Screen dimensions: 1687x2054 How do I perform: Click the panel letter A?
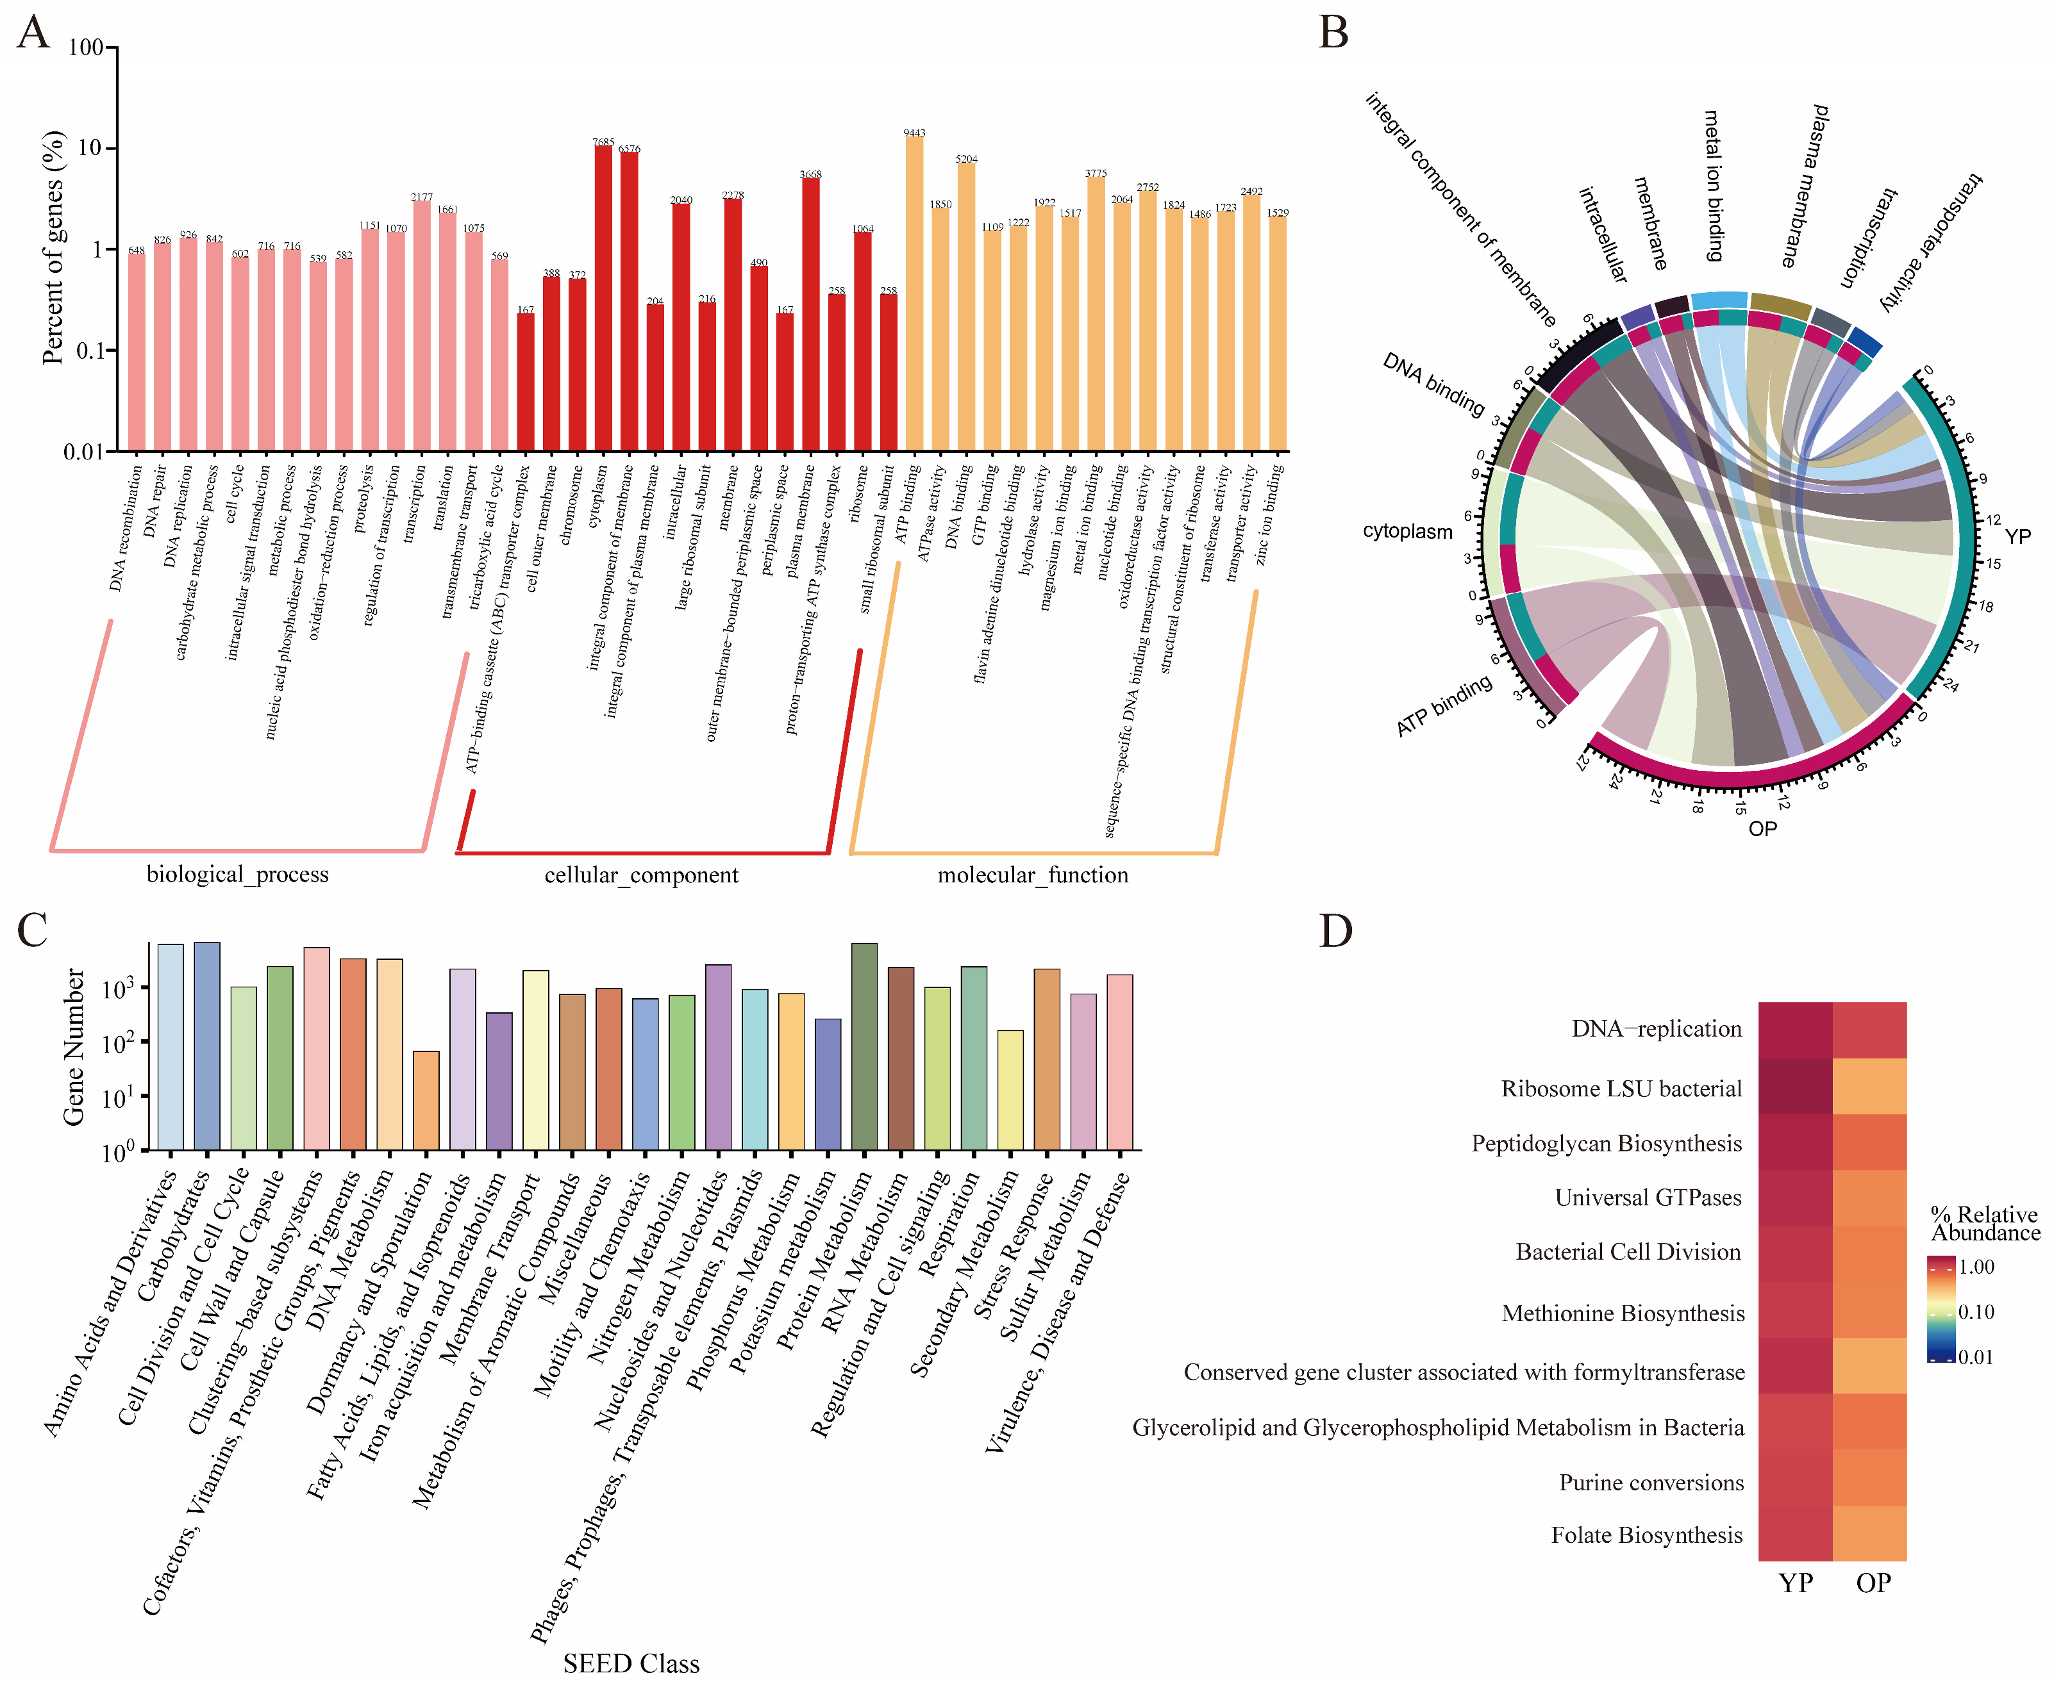click(x=33, y=32)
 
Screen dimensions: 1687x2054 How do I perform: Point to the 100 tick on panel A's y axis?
click(x=87, y=47)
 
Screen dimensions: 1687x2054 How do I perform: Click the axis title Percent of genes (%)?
click(x=53, y=248)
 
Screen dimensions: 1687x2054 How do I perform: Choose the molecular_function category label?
click(x=1032, y=876)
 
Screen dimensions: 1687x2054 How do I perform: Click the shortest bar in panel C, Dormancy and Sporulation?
click(x=426, y=1100)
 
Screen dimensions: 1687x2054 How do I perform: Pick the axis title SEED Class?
click(x=631, y=1664)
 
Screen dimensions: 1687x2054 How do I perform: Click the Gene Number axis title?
click(x=74, y=1048)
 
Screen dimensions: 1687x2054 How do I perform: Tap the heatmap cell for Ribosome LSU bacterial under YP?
click(x=1794, y=1087)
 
